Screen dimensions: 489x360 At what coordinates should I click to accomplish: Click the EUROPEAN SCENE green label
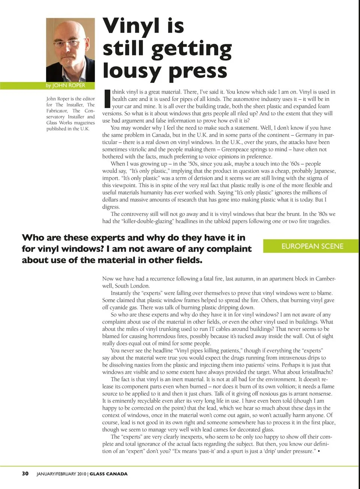click(x=312, y=246)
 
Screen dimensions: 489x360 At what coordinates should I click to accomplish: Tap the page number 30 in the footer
click(x=25, y=474)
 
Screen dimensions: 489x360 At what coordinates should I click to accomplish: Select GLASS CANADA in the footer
click(x=108, y=474)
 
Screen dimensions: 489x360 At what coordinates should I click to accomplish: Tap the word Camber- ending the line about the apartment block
click(x=325, y=279)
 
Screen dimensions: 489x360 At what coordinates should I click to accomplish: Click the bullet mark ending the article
click(x=318, y=451)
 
